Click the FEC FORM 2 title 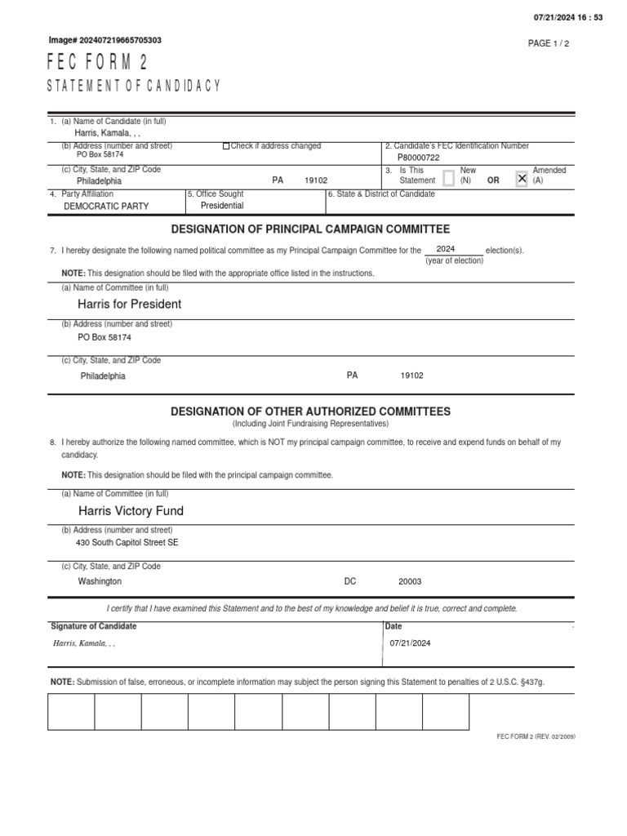pyautogui.click(x=98, y=64)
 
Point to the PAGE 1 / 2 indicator pyautogui.click(x=549, y=43)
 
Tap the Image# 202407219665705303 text pyautogui.click(x=105, y=40)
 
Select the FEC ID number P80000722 pyautogui.click(x=418, y=157)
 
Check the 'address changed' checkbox pyautogui.click(x=226, y=146)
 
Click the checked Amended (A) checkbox pyautogui.click(x=522, y=178)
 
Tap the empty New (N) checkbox pyautogui.click(x=448, y=178)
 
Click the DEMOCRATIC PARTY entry pyautogui.click(x=106, y=207)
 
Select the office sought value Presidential pyautogui.click(x=222, y=206)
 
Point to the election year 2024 pyautogui.click(x=446, y=248)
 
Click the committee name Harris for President pyautogui.click(x=129, y=304)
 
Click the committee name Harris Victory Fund pyautogui.click(x=131, y=510)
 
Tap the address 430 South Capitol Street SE pyautogui.click(x=127, y=542)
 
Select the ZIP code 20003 pyautogui.click(x=410, y=581)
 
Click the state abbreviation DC pyautogui.click(x=350, y=581)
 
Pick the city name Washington pyautogui.click(x=100, y=581)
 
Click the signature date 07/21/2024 pyautogui.click(x=410, y=643)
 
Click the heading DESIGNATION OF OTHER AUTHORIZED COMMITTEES pyautogui.click(x=310, y=411)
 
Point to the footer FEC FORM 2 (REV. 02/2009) pyautogui.click(x=536, y=736)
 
